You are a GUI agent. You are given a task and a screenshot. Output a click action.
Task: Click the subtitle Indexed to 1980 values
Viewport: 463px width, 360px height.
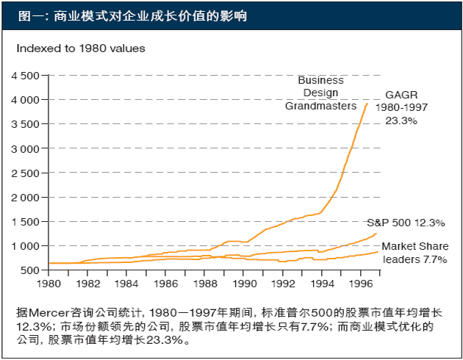81,48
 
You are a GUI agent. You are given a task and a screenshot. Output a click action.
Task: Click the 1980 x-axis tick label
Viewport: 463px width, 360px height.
49,283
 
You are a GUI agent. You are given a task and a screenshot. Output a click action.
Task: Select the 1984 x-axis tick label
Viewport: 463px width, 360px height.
126,283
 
